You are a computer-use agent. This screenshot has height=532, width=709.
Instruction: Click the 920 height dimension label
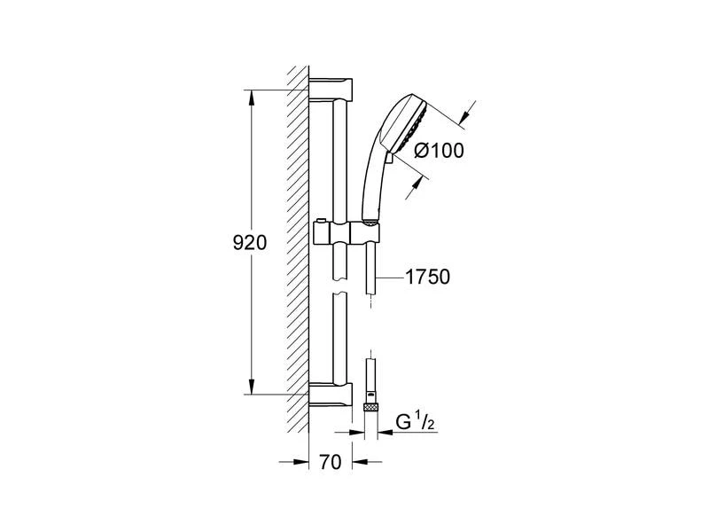pos(250,243)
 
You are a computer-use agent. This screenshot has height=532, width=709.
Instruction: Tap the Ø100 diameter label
pos(439,151)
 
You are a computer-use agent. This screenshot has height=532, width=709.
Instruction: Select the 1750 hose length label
pos(428,277)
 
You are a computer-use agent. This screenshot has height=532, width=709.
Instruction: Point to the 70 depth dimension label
pos(330,462)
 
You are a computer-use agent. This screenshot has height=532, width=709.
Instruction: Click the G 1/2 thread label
pos(415,422)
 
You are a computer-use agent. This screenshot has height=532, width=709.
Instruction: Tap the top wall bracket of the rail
pos(331,90)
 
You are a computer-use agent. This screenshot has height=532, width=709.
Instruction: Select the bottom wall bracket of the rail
pos(331,394)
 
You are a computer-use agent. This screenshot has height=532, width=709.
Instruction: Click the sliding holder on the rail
pos(347,233)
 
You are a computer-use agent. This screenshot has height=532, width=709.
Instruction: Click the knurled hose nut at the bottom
pos(370,407)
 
